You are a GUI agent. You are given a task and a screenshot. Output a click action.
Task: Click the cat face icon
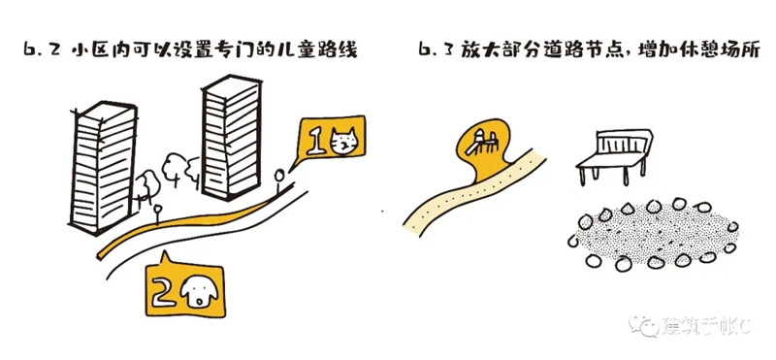click(x=343, y=141)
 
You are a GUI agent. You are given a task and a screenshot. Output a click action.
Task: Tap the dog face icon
click(x=199, y=292)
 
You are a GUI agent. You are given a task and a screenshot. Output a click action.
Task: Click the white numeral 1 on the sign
click(x=315, y=142)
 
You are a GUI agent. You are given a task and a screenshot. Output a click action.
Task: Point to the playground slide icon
click(x=479, y=142)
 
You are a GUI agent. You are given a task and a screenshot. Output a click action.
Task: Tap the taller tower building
click(x=232, y=137)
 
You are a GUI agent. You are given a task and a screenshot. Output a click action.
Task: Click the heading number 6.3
click(x=436, y=50)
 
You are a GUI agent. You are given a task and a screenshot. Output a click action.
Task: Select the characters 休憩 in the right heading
click(x=700, y=50)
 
